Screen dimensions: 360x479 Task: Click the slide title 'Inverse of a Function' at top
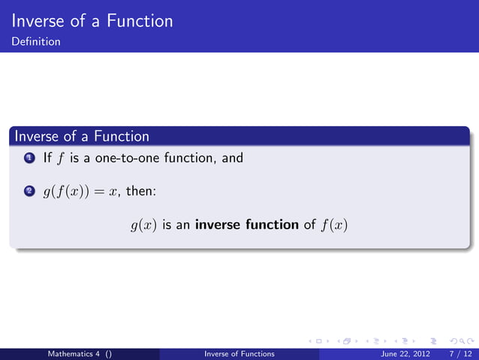[x=93, y=20]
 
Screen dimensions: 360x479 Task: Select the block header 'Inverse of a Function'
[x=82, y=136]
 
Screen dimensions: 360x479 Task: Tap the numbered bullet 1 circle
[x=28, y=159]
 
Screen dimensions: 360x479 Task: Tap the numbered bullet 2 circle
[x=28, y=192]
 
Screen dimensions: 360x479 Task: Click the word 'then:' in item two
[x=141, y=191]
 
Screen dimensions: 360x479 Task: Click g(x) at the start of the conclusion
[x=143, y=225]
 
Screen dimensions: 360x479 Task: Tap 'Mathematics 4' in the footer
[x=75, y=353]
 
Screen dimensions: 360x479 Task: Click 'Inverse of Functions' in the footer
[x=239, y=353]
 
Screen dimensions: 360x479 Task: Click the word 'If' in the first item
[x=47, y=158]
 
